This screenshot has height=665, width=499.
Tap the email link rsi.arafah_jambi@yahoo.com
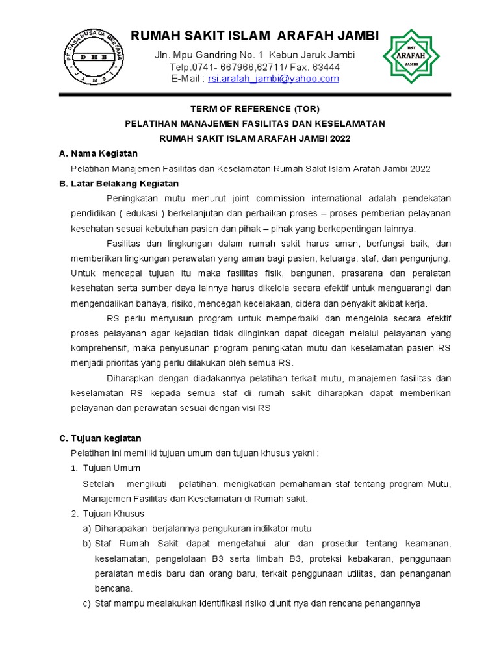273,79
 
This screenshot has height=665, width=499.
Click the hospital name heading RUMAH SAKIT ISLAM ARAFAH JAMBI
255,36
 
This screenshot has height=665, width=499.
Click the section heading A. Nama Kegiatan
98,153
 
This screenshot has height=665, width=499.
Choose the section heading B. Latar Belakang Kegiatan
118,183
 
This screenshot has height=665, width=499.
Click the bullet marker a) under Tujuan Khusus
87,529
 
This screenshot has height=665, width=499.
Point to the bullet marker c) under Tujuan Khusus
87,603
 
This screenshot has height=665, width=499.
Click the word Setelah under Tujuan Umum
99,484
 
